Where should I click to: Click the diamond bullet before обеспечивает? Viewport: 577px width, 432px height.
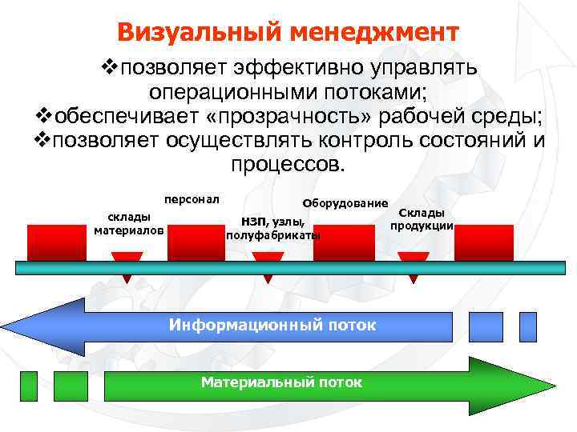tap(46, 117)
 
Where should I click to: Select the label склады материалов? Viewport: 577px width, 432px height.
tap(128, 223)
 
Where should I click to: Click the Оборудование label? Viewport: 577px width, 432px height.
tap(345, 203)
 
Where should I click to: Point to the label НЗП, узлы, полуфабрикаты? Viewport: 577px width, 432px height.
tap(273, 228)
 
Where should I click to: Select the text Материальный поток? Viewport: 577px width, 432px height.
tap(281, 382)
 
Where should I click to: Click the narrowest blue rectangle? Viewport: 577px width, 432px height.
tap(527, 326)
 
